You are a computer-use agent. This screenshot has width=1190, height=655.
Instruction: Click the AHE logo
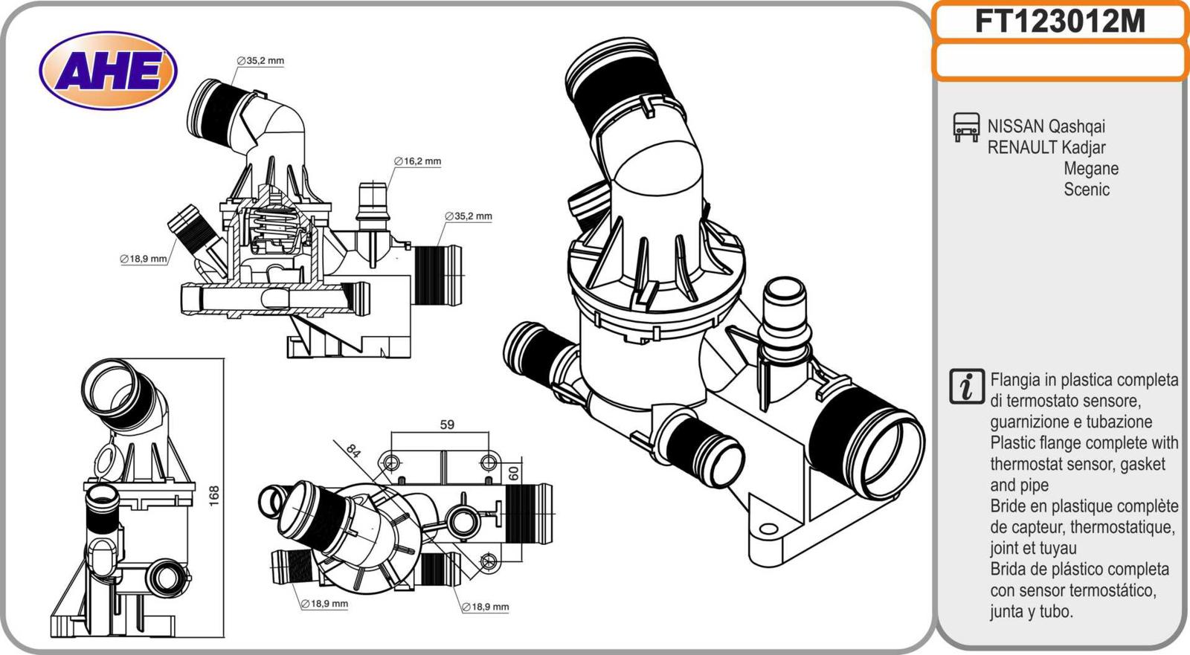click(108, 71)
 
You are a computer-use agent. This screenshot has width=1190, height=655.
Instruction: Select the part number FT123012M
click(1060, 22)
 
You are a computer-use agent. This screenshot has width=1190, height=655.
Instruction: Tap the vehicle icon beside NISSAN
click(965, 127)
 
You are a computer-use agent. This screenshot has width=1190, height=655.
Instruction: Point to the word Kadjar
click(1084, 147)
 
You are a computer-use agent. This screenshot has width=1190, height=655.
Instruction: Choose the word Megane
click(1091, 168)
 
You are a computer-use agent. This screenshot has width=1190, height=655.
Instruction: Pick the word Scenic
click(1087, 189)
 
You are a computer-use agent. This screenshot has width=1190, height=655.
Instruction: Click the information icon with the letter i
click(967, 387)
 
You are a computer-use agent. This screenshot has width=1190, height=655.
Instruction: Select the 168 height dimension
click(214, 496)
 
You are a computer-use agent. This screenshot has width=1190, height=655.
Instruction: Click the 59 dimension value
click(446, 425)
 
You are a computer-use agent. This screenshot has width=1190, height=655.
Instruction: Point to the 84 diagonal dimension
click(353, 450)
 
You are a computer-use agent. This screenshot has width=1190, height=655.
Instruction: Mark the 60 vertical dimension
click(513, 472)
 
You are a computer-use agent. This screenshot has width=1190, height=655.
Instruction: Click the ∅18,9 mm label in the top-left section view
click(144, 259)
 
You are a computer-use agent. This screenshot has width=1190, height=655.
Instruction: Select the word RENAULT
click(1022, 147)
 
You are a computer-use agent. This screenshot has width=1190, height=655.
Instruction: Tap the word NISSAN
click(1014, 126)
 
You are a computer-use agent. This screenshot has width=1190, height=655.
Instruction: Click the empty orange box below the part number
click(1060, 60)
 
